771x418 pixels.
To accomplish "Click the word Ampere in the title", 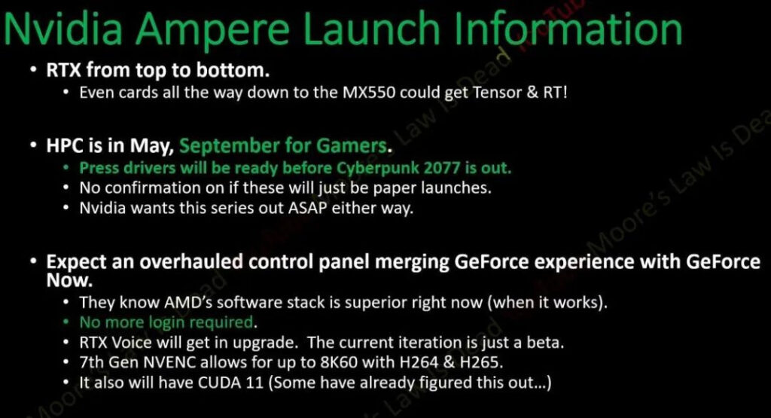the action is coord(212,29).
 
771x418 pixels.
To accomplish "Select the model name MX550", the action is coord(369,93).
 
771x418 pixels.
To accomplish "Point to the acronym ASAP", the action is coord(307,208).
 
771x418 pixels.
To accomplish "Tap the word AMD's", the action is coord(188,302).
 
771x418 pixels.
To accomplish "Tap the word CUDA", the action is coord(220,383).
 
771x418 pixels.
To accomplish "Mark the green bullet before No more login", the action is coord(66,322).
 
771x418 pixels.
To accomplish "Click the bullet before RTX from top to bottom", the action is coord(33,70).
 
